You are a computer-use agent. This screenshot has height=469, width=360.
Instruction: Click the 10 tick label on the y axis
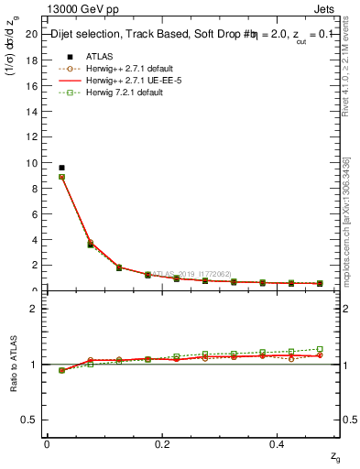click(32, 163)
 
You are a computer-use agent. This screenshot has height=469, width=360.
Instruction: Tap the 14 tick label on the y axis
click(32, 112)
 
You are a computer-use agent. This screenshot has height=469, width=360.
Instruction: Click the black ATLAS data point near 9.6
click(61, 168)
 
